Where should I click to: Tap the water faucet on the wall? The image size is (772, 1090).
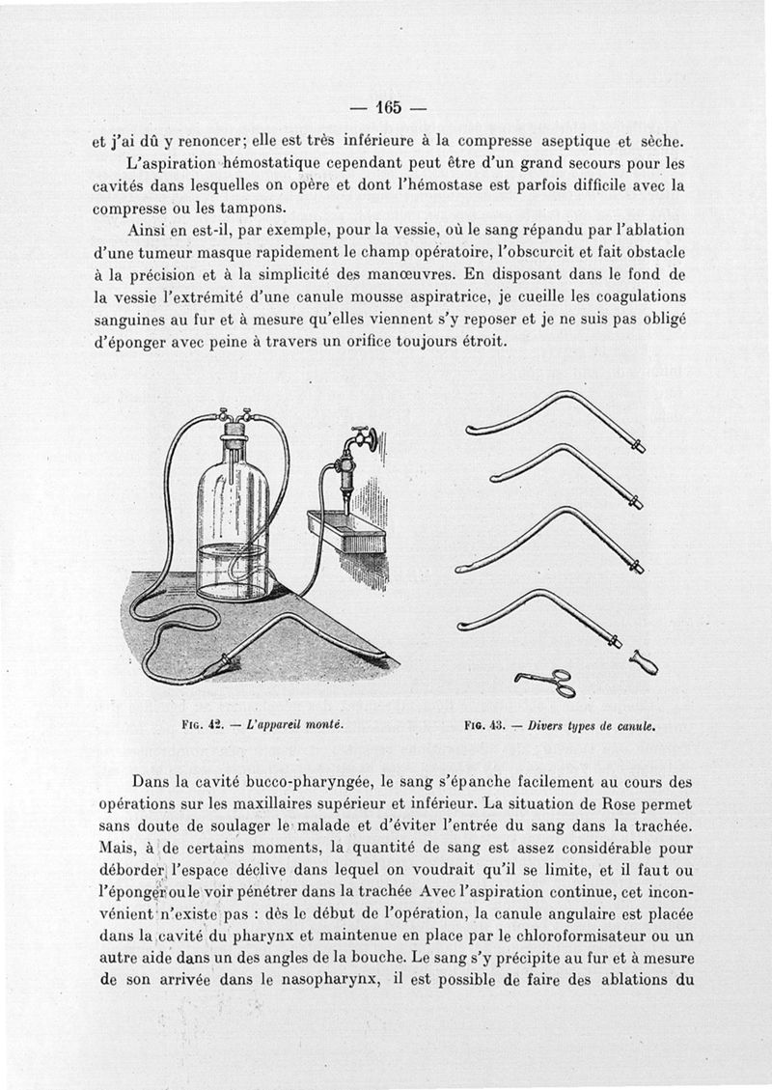[x=359, y=440]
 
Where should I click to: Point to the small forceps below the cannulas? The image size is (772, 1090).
[x=545, y=682]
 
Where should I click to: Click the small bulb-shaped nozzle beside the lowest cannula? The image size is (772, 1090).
[x=643, y=663]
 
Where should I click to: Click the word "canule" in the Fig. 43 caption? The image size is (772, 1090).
[x=636, y=723]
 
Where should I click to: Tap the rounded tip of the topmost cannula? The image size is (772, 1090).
[x=473, y=432]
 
